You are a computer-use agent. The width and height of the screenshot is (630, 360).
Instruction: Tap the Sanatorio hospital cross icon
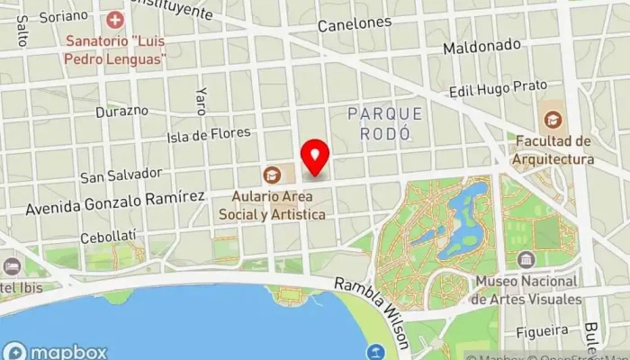(x=114, y=19)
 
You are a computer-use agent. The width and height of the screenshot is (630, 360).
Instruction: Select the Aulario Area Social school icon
(x=271, y=175)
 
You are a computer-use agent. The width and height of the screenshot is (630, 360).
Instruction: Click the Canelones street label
(x=355, y=24)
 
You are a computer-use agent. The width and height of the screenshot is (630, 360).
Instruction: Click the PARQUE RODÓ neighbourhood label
(x=384, y=122)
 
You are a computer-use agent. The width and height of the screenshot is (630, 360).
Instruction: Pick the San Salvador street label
(x=121, y=174)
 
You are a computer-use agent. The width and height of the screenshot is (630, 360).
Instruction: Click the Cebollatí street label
(x=107, y=236)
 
